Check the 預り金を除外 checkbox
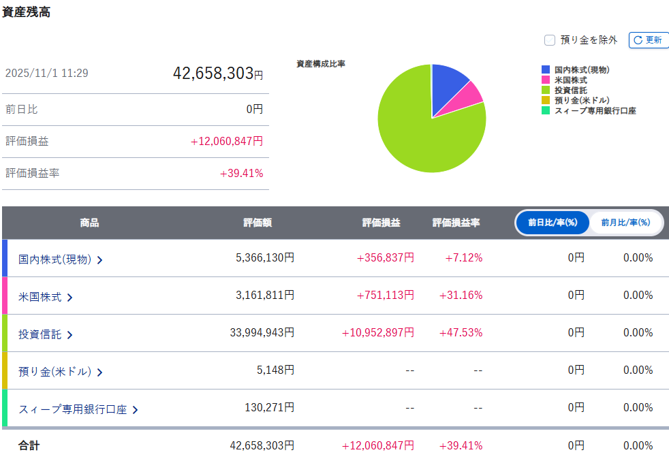click(x=550, y=40)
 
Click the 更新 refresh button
click(x=648, y=40)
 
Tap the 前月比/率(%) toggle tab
click(x=625, y=223)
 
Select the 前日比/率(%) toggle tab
click(x=553, y=223)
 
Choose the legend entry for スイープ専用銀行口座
click(x=595, y=110)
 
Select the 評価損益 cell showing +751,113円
click(x=385, y=295)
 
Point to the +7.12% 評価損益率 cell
click(x=464, y=257)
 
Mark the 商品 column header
click(x=89, y=223)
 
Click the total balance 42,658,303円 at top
click(x=217, y=74)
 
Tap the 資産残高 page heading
click(x=26, y=12)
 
